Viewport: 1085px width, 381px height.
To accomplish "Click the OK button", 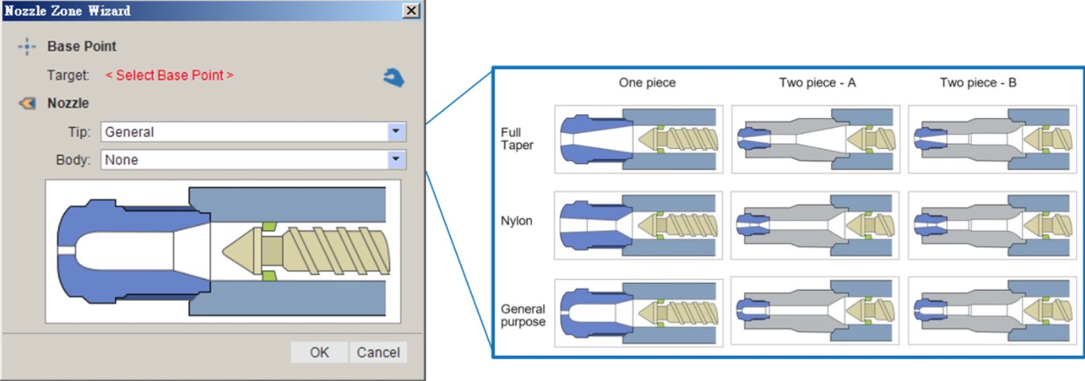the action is (319, 352).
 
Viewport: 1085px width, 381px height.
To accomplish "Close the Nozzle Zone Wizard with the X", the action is (411, 10).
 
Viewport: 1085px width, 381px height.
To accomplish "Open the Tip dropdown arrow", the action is (396, 131).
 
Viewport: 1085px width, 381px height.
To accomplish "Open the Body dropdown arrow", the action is (396, 160).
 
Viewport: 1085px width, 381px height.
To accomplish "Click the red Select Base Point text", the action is (170, 75).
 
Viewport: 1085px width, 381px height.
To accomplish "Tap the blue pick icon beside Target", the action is (394, 78).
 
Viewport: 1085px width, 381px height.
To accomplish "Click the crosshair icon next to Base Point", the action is (27, 47).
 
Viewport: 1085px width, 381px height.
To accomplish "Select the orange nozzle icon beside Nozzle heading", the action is (28, 103).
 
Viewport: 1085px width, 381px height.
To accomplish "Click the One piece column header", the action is (648, 83).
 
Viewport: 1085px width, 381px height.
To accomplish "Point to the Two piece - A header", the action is (818, 83).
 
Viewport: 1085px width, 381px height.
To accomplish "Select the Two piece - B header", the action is (979, 83).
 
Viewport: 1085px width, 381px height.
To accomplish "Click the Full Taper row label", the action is (517, 139).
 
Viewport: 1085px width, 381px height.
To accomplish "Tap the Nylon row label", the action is (516, 221).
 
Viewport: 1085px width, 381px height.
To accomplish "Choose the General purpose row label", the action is (523, 315).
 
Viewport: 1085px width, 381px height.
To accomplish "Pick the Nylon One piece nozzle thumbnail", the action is (639, 225).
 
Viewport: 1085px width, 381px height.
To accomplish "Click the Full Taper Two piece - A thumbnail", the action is (816, 139).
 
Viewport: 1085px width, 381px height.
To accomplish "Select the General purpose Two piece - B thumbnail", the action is (992, 311).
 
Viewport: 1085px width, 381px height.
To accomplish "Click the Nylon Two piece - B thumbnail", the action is (992, 225).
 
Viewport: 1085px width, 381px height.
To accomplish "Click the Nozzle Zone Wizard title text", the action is (68, 10).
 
